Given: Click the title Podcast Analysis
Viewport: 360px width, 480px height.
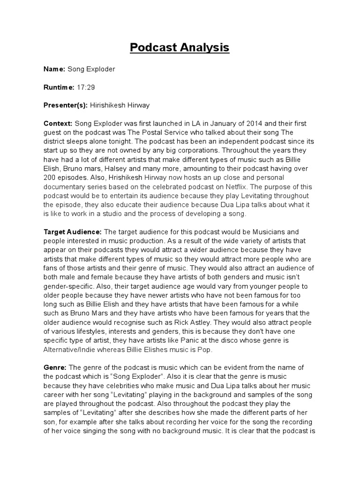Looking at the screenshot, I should (180, 47).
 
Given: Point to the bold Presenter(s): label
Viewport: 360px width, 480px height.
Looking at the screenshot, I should (66, 105).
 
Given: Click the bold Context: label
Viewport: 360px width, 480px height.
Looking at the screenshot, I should (58, 124).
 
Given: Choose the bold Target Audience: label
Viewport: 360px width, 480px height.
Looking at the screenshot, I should (73, 232).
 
